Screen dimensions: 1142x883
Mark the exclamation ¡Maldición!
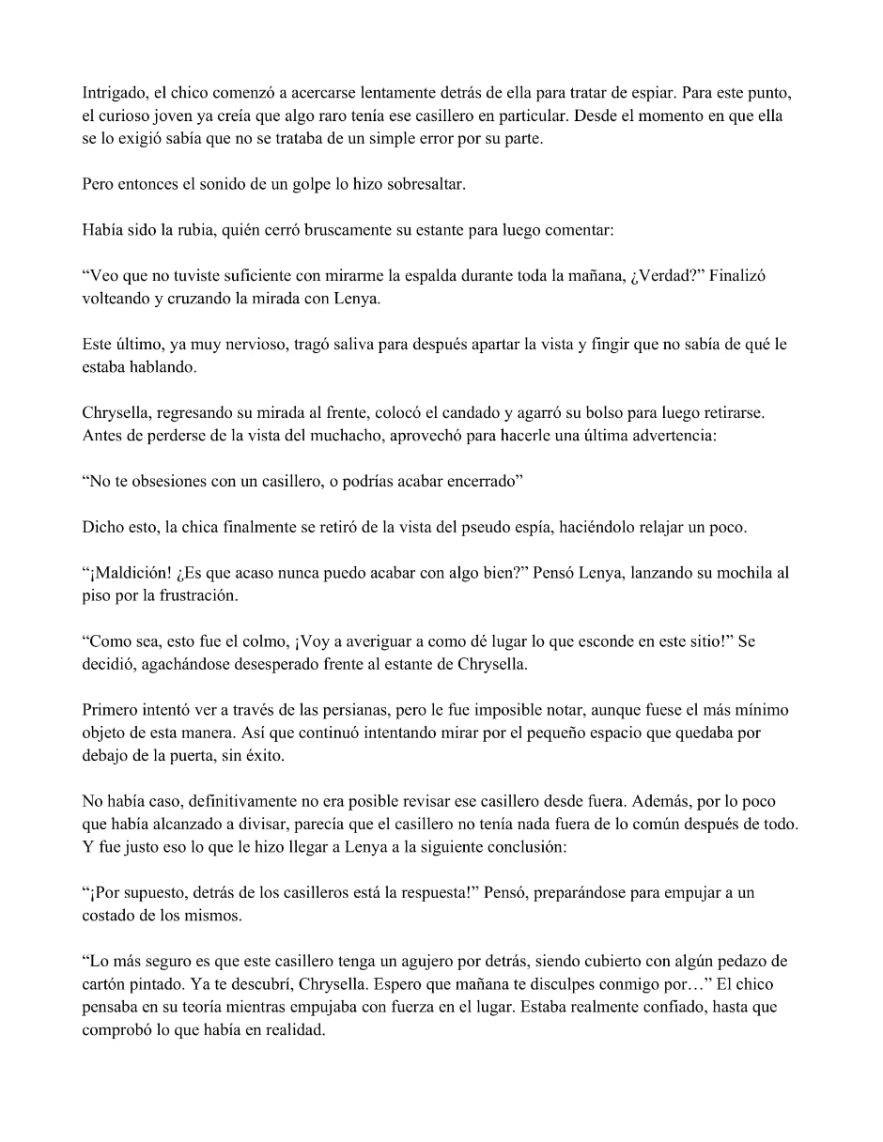(x=132, y=573)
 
